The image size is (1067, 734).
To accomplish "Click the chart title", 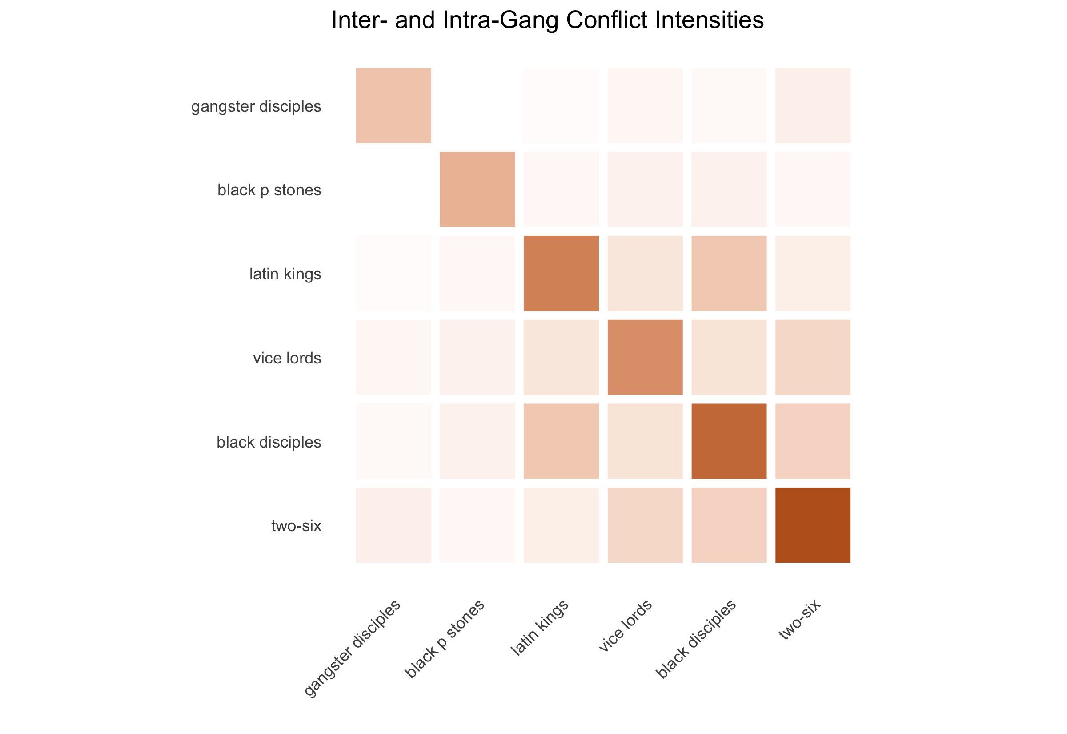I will (x=547, y=20).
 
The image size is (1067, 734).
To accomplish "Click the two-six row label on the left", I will (x=296, y=526).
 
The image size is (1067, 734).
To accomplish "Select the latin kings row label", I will (x=285, y=274).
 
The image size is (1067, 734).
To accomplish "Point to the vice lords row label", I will (x=287, y=358).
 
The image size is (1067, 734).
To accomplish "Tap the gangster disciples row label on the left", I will (x=256, y=106).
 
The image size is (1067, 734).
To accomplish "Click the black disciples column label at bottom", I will (x=696, y=639).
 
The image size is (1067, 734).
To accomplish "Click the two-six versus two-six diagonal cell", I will (x=812, y=525).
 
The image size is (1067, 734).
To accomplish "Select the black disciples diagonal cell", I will (x=729, y=441).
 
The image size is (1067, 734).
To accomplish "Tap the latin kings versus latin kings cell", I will (x=561, y=273).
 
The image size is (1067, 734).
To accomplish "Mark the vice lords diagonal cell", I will (x=645, y=357).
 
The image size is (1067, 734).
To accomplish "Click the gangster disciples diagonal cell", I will (x=393, y=105).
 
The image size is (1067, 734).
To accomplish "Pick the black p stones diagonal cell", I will (x=477, y=190).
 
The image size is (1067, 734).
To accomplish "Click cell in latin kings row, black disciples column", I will (x=729, y=273).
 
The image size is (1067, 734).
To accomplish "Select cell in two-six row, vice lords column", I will (x=645, y=525).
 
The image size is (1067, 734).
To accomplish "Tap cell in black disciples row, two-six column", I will (x=812, y=441).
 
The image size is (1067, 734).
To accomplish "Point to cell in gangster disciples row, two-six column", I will (x=812, y=105).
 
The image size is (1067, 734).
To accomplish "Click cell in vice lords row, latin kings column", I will (x=561, y=357).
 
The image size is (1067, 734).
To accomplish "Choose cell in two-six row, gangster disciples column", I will (x=393, y=525).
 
